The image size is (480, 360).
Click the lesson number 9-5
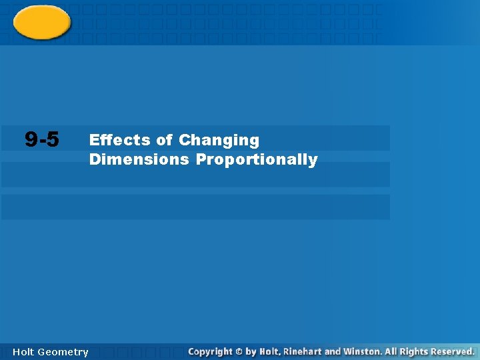pos(41,139)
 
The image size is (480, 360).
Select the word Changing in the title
pos(219,141)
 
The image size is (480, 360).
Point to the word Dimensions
pos(139,159)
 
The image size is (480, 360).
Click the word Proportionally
pos(257,160)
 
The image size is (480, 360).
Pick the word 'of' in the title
pos(164,140)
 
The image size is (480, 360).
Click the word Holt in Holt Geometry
pos(24,352)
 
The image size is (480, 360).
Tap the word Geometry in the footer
pos(63,352)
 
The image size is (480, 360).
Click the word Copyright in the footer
pos(210,351)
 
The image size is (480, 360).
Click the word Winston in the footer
pos(363,351)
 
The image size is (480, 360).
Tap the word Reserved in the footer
pos(452,351)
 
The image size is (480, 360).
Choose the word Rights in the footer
pos(413,351)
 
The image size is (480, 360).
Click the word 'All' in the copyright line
pos(391,351)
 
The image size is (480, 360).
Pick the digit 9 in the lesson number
pos(31,139)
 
